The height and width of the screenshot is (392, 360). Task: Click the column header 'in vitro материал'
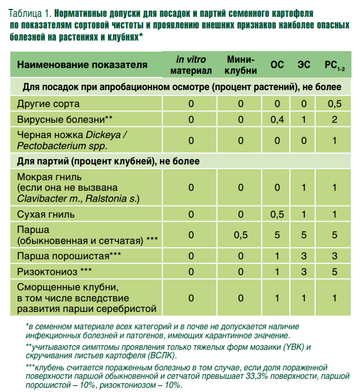(191, 64)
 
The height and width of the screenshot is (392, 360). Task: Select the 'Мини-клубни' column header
(241, 64)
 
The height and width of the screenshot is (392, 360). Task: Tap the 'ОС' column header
(277, 65)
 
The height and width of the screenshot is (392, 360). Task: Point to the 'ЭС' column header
(304, 65)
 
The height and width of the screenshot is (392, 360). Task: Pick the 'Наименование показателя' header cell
(83, 65)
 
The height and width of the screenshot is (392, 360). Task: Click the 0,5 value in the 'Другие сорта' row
(335, 103)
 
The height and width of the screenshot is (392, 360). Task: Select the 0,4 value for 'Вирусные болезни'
(277, 119)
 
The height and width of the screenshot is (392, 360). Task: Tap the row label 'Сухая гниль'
(46, 214)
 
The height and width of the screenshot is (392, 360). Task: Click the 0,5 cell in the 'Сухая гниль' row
(277, 214)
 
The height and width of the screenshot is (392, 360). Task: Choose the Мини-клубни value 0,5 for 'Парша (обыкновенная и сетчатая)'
(241, 235)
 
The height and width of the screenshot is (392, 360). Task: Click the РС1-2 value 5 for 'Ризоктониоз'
(335, 271)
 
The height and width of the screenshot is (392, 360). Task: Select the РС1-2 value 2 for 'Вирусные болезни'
(335, 119)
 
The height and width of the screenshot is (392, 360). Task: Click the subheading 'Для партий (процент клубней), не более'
(108, 160)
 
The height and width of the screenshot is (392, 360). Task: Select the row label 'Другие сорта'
(48, 103)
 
